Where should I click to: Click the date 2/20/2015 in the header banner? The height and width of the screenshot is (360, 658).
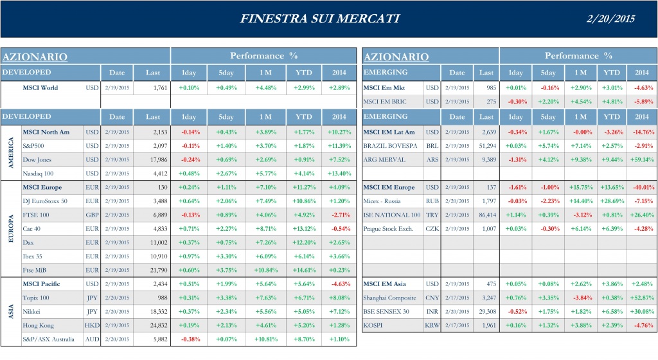click(611, 18)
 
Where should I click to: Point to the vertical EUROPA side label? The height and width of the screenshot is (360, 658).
click(11, 228)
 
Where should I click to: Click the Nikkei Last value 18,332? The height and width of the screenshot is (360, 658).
click(154, 312)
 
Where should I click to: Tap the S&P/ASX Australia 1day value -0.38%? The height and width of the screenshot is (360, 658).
click(190, 339)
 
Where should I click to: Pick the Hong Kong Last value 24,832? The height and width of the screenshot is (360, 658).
click(154, 325)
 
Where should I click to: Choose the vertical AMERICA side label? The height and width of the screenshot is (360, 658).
click(11, 153)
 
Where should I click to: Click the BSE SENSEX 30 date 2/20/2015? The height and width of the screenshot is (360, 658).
click(457, 312)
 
